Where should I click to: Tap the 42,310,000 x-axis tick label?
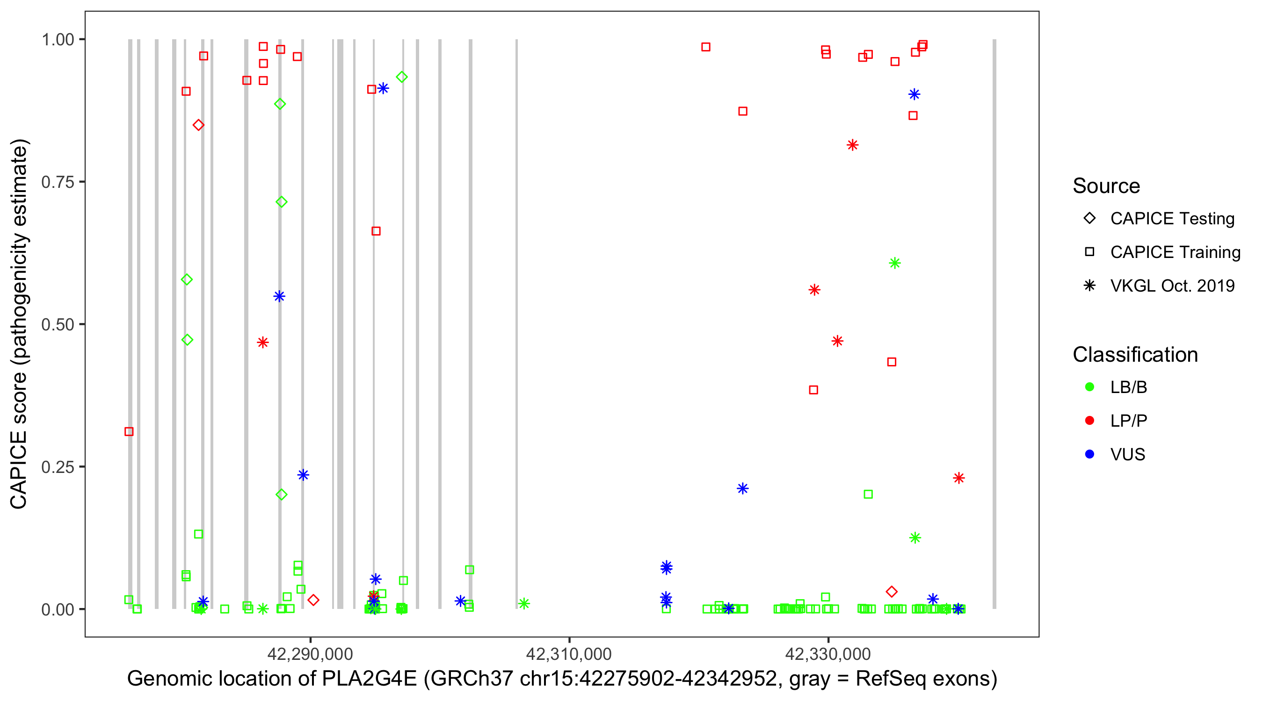tap(569, 654)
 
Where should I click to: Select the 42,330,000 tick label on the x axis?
tap(828, 654)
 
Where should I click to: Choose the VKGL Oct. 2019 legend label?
tap(1172, 286)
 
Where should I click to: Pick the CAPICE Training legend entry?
tap(1175, 252)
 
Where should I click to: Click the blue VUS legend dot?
tap(1089, 454)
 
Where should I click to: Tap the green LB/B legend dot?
tap(1089, 387)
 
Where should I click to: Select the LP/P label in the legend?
tap(1129, 421)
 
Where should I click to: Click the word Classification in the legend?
tap(1135, 355)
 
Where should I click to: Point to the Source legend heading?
tap(1106, 186)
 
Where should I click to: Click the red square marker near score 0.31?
tap(129, 431)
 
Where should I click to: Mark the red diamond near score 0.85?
tap(198, 125)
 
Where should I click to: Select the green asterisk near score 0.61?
tap(895, 264)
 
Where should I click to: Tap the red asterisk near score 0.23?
tap(959, 478)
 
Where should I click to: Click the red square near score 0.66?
tap(376, 231)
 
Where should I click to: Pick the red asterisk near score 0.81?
tap(853, 145)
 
